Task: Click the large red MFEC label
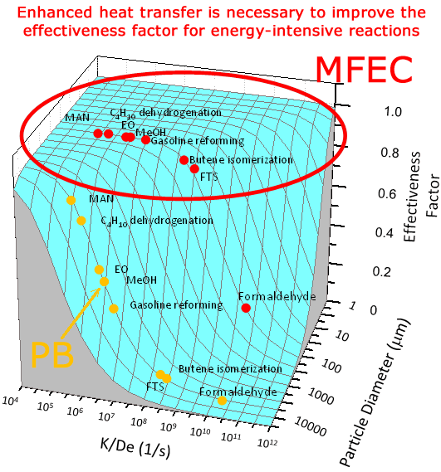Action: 365,69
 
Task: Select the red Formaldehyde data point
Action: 246,308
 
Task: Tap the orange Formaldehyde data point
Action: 222,401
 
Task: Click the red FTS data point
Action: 194,169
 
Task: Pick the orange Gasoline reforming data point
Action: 114,309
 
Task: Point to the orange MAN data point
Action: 71,200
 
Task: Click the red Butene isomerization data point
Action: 184,160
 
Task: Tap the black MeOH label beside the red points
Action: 148,133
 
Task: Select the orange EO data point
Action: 100,270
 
